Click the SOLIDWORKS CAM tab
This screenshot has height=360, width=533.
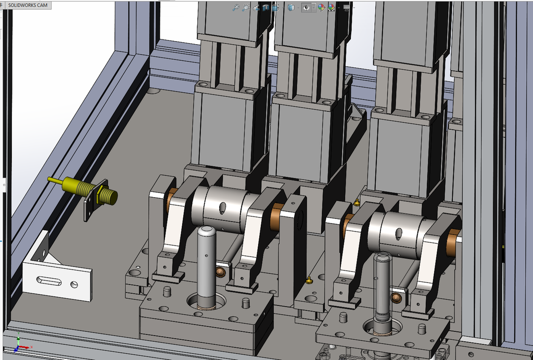tap(28, 5)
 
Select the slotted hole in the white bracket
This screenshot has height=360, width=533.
tap(49, 281)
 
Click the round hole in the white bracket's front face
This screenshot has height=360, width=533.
tap(74, 285)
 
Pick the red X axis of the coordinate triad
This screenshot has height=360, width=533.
tap(25, 347)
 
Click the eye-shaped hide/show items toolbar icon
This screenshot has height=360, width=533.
tap(306, 7)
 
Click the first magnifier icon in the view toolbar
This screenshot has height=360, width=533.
tap(236, 7)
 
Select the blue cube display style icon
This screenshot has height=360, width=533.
tap(291, 7)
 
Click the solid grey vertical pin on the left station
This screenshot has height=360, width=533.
tap(207, 267)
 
